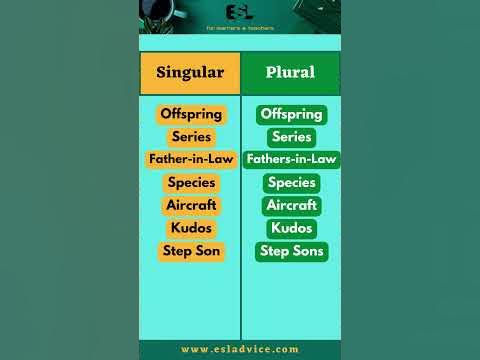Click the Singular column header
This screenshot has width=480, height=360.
pos(190,73)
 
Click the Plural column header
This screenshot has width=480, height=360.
pos(290,73)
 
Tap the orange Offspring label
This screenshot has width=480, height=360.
pos(192,114)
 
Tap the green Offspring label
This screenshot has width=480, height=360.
pos(292,114)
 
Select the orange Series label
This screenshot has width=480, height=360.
pos(192,137)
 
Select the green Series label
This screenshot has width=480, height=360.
pos(292,137)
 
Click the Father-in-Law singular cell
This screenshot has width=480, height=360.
pos(192,159)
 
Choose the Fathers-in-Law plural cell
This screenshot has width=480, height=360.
pos(292,159)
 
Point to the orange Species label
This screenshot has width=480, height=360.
pos(192,182)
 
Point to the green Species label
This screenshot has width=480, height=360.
pos(292,182)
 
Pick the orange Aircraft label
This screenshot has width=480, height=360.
pos(192,205)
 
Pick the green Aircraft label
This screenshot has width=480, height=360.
pos(292,205)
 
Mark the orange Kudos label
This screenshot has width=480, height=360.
pos(192,228)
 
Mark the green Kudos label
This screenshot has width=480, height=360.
pos(292,228)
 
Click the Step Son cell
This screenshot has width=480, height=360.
pos(192,251)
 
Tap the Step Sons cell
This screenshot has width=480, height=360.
pos(292,251)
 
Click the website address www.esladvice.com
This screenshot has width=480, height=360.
pos(240,349)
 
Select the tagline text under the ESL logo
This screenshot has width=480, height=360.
pos(240,28)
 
